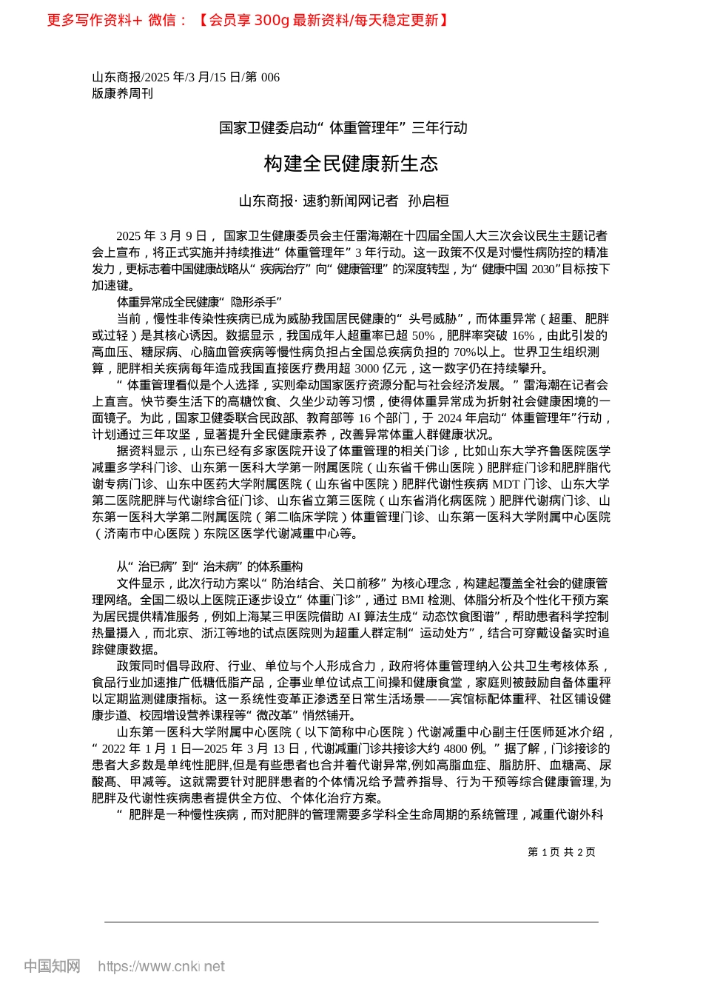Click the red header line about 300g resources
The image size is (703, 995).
(247, 20)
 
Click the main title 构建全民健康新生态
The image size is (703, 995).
(351, 164)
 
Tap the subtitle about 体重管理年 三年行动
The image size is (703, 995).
(343, 128)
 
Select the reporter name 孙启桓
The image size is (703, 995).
(429, 201)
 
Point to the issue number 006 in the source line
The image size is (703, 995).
(270, 78)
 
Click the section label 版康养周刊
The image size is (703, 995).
(122, 93)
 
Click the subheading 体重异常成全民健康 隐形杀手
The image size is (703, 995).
(199, 302)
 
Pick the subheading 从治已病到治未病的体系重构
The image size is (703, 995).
(209, 566)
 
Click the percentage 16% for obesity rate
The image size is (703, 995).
(523, 335)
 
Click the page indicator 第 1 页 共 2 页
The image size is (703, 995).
(562, 852)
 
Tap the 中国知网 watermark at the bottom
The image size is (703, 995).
(52, 966)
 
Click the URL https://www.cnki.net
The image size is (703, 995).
(161, 966)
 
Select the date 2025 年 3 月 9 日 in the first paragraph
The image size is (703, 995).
(161, 236)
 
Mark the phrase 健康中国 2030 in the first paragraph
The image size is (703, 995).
(518, 269)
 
